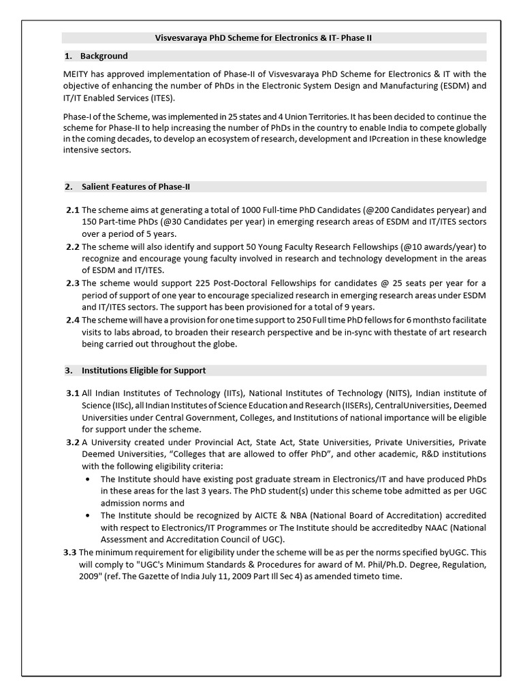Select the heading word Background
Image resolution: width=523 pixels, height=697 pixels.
tap(104, 56)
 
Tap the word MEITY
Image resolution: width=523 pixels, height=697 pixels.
tap(76, 74)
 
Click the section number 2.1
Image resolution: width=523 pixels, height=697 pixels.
tap(73, 210)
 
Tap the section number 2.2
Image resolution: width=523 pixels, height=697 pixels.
tap(73, 246)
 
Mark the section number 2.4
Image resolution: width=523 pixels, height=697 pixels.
tap(73, 320)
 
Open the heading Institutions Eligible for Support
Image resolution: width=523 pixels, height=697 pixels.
tap(144, 371)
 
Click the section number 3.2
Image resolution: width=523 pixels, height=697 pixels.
tap(73, 442)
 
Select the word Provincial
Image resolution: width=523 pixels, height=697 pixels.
tap(196, 442)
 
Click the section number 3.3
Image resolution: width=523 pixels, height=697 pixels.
tap(71, 552)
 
